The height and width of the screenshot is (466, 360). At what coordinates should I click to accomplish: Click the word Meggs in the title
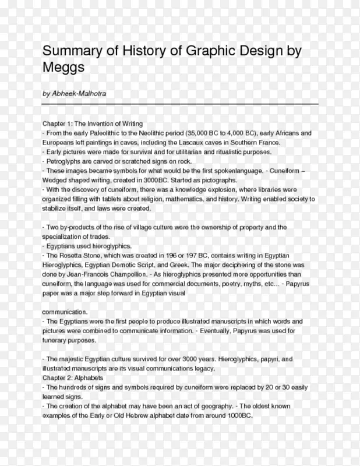click(x=64, y=68)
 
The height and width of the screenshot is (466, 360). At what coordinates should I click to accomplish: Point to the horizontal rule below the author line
click(x=180, y=104)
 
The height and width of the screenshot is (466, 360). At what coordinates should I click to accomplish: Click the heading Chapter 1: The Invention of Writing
click(x=92, y=124)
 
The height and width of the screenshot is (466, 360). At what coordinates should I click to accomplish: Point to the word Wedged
click(x=56, y=181)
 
